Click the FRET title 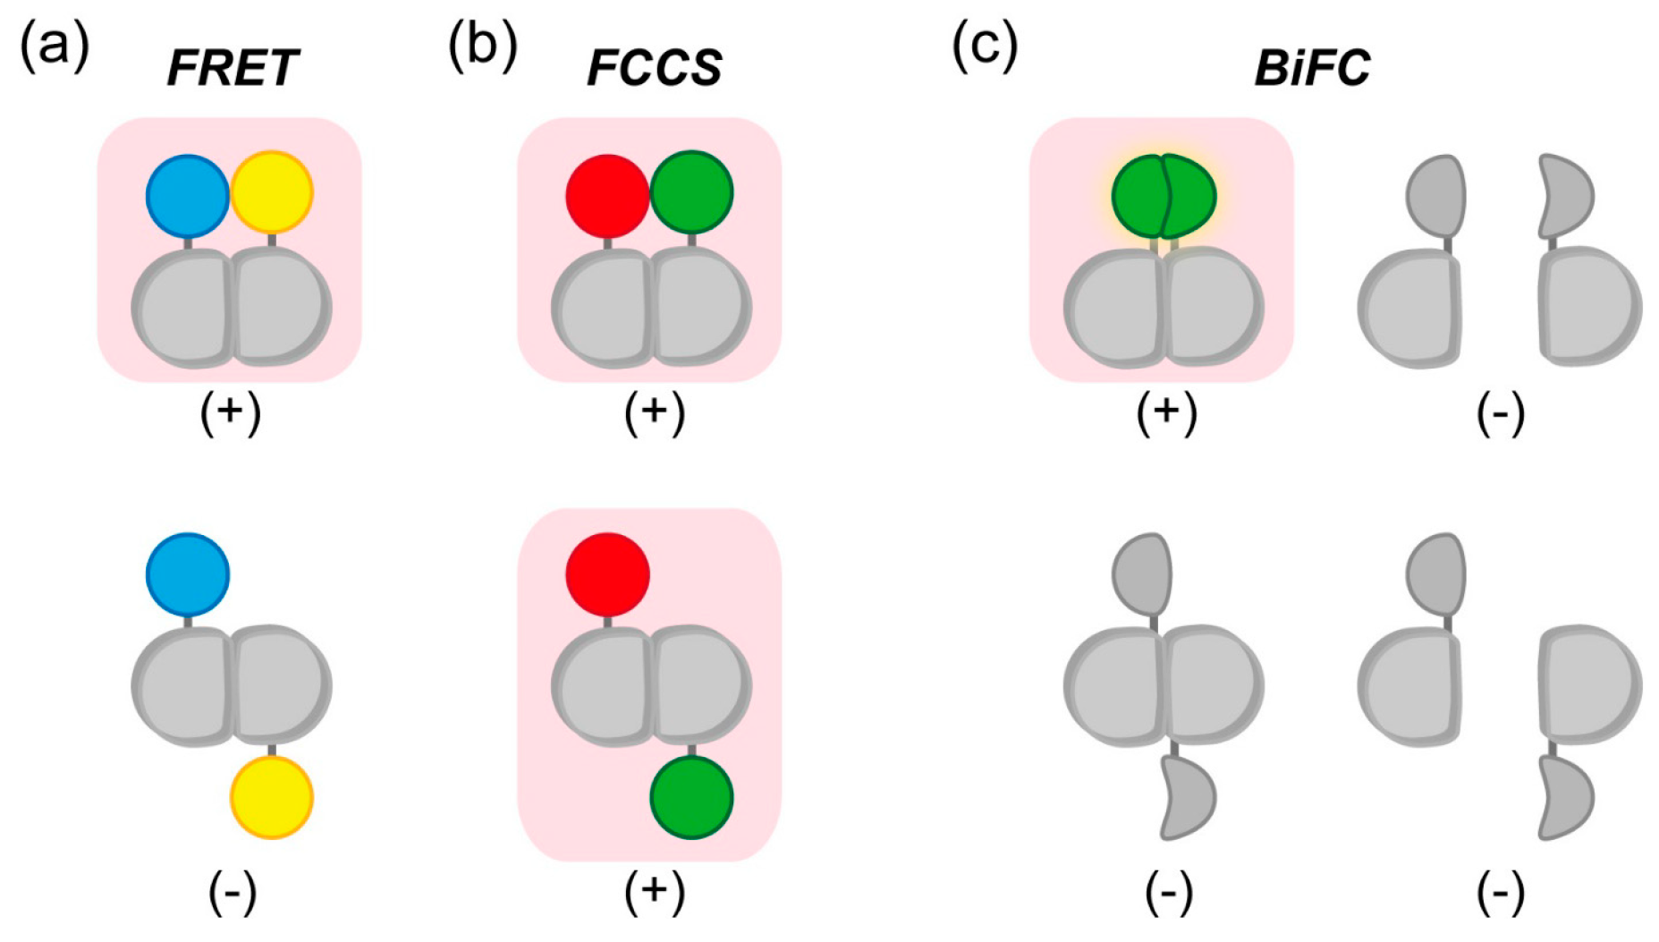(233, 68)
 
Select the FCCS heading (655, 68)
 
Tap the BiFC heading (1312, 68)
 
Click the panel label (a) (55, 45)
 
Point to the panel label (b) (482, 45)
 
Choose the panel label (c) (985, 45)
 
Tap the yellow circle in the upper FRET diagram (272, 192)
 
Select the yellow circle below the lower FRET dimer (272, 797)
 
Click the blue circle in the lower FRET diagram (188, 574)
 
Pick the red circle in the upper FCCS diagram (607, 196)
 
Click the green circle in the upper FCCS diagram (691, 192)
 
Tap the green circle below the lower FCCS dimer (691, 797)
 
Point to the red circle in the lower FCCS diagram (607, 574)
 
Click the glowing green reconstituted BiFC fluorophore (1164, 196)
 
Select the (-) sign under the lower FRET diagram (233, 892)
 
